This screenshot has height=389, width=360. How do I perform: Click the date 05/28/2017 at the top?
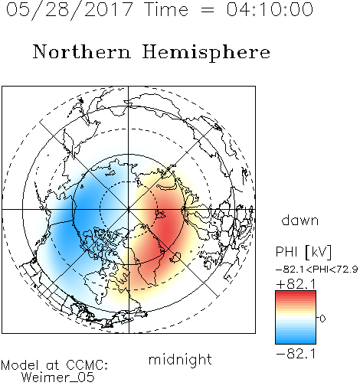(70, 10)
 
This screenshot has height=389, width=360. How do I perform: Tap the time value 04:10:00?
(270, 9)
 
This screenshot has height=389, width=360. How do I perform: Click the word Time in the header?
(166, 9)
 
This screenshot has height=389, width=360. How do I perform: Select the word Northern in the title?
(82, 51)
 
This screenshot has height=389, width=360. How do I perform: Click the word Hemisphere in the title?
(206, 53)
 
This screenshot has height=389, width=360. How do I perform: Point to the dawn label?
(300, 220)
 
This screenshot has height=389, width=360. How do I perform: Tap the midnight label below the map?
(180, 359)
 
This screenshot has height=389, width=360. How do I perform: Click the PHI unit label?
(303, 252)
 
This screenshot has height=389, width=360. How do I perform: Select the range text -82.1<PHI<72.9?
(317, 270)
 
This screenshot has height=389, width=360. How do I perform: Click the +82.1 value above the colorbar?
(296, 284)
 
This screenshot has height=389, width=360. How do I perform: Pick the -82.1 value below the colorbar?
(296, 354)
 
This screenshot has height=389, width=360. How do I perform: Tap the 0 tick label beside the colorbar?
(322, 319)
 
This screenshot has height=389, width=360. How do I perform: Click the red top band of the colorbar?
(296, 294)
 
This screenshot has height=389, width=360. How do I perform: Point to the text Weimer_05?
(57, 378)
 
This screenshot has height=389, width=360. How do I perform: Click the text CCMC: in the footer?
(87, 365)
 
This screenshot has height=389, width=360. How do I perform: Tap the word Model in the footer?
(20, 365)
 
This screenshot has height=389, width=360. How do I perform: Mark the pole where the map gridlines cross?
(129, 210)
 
